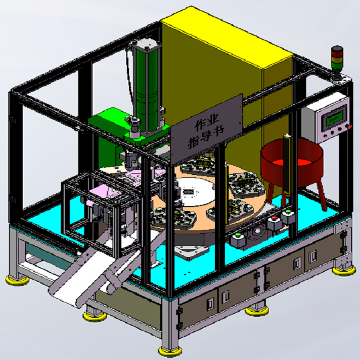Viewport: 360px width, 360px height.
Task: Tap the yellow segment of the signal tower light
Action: pyautogui.click(x=337, y=60)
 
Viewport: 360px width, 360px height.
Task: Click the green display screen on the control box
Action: pyautogui.click(x=335, y=118)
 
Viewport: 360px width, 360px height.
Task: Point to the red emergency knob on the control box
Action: pyautogui.click(x=349, y=126)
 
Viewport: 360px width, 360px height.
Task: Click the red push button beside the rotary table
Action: pyautogui.click(x=274, y=218)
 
